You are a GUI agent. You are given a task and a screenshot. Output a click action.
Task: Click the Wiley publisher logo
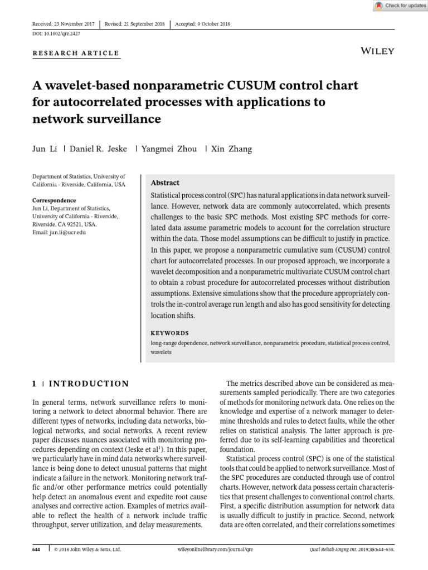coord(378,51)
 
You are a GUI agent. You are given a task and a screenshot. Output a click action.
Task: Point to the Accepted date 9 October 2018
coord(203,24)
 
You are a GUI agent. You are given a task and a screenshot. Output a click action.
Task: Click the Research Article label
coord(76,53)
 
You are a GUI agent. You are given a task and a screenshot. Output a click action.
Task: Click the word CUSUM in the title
coord(258,86)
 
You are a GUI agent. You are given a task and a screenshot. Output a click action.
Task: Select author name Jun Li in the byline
coord(43,149)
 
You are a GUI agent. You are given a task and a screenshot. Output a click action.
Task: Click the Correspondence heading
coord(54,200)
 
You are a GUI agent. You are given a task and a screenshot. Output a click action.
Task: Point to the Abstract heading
coord(166,183)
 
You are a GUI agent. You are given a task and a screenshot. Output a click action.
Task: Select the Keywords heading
coord(170,333)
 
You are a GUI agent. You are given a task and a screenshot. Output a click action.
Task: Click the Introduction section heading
coord(89,384)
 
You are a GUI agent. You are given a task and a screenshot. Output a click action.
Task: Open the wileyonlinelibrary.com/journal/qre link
coord(215,549)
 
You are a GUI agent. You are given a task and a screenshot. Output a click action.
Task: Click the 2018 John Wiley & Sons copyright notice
coord(87,549)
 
